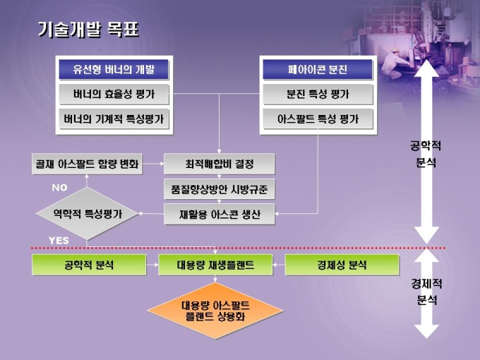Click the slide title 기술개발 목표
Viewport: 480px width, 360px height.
tap(88, 30)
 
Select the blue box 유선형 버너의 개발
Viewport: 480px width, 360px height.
tap(114, 70)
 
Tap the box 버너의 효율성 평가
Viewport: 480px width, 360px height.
tap(114, 94)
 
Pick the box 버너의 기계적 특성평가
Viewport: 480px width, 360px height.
tap(114, 119)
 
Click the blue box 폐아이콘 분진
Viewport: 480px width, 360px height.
tap(318, 70)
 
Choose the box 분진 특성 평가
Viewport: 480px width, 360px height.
tap(318, 94)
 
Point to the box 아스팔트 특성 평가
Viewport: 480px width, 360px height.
tap(318, 119)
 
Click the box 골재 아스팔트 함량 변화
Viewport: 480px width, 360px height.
tap(87, 164)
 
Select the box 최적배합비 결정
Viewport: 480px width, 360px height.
tap(219, 164)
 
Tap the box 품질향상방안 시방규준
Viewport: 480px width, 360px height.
tap(219, 189)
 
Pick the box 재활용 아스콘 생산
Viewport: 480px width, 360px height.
tap(219, 214)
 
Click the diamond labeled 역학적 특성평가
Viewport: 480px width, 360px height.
tap(87, 213)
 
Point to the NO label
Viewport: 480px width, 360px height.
tap(59, 188)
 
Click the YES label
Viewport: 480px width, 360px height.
tap(59, 240)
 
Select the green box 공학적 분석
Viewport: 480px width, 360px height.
tap(88, 265)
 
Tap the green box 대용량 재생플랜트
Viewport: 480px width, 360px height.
tap(215, 265)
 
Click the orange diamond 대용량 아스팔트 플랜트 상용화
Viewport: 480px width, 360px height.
tap(215, 311)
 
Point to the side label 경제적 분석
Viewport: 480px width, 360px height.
tap(426, 292)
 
